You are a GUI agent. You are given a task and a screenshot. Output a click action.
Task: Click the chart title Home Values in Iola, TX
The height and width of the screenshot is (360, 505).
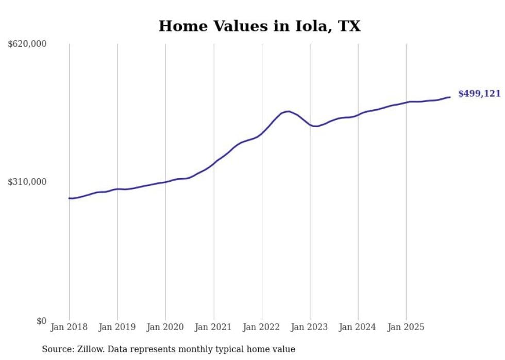[259, 26]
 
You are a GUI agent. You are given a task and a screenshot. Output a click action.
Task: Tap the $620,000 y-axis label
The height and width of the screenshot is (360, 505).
[27, 44]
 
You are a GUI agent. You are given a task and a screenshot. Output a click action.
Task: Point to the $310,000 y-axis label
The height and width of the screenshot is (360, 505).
[27, 182]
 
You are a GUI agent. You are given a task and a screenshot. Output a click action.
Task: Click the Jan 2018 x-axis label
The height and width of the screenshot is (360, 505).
[69, 327]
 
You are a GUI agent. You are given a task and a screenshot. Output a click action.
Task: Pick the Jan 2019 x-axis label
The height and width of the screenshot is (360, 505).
[117, 327]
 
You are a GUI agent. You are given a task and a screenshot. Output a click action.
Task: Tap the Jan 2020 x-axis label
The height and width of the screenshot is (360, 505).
[165, 327]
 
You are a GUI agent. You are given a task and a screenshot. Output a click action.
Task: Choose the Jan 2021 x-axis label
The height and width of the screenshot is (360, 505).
[213, 327]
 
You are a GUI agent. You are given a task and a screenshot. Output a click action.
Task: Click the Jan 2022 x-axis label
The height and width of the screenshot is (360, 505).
[262, 327]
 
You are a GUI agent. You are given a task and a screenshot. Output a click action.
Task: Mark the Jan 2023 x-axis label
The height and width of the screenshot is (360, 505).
[310, 327]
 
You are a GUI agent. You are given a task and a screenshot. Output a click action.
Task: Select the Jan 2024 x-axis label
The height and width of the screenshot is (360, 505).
[358, 327]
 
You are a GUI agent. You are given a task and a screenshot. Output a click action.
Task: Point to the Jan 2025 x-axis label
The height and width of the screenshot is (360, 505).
[406, 327]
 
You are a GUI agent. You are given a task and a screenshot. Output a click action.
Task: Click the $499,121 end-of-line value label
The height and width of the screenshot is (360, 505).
[479, 94]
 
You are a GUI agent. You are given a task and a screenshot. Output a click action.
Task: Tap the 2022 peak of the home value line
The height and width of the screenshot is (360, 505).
[288, 111]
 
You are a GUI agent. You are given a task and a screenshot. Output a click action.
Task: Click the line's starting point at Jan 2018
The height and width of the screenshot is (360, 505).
[69, 198]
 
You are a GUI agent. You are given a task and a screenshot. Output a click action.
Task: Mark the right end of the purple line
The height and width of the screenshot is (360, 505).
[450, 97]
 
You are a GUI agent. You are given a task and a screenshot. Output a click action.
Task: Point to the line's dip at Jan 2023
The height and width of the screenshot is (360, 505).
[315, 126]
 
